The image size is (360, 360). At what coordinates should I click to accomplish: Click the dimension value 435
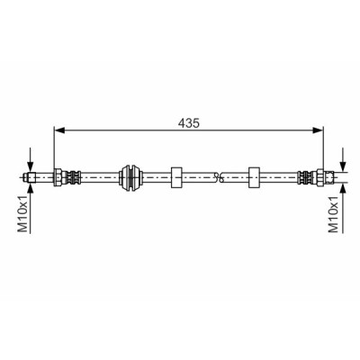(x=188, y=123)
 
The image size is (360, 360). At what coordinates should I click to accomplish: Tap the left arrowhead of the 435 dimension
(x=59, y=130)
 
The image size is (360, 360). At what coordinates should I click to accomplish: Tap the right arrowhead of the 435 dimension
(x=318, y=130)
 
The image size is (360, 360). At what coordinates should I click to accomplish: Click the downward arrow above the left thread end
(x=30, y=159)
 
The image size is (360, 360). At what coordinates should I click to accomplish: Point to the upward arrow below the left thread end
(x=30, y=208)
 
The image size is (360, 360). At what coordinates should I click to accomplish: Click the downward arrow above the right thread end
(x=343, y=159)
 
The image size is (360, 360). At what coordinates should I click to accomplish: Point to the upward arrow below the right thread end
(x=343, y=208)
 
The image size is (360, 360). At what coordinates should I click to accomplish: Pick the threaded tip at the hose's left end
(x=30, y=177)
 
